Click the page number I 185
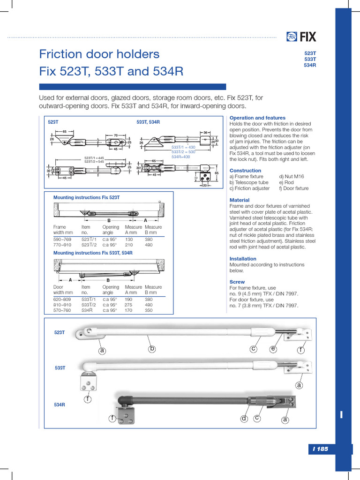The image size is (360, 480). tap(321, 449)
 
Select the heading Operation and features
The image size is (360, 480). tap(257, 118)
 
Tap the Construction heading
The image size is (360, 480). tap(245, 171)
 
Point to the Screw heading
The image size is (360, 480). tap(237, 282)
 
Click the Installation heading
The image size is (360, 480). tap(243, 259)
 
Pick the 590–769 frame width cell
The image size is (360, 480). tap(62, 239)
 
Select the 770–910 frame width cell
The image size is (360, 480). tap(62, 244)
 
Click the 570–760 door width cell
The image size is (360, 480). tap(62, 310)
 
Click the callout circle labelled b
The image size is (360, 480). tap(151, 349)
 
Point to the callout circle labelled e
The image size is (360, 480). tap(273, 349)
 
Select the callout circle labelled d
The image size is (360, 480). tap(244, 418)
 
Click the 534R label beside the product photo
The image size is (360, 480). tap(59, 404)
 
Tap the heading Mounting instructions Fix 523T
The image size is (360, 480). tap(86, 198)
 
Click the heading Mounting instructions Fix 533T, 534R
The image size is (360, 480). tap(93, 253)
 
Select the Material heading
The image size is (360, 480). tap(240, 200)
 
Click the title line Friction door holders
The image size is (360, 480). tap(99, 54)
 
